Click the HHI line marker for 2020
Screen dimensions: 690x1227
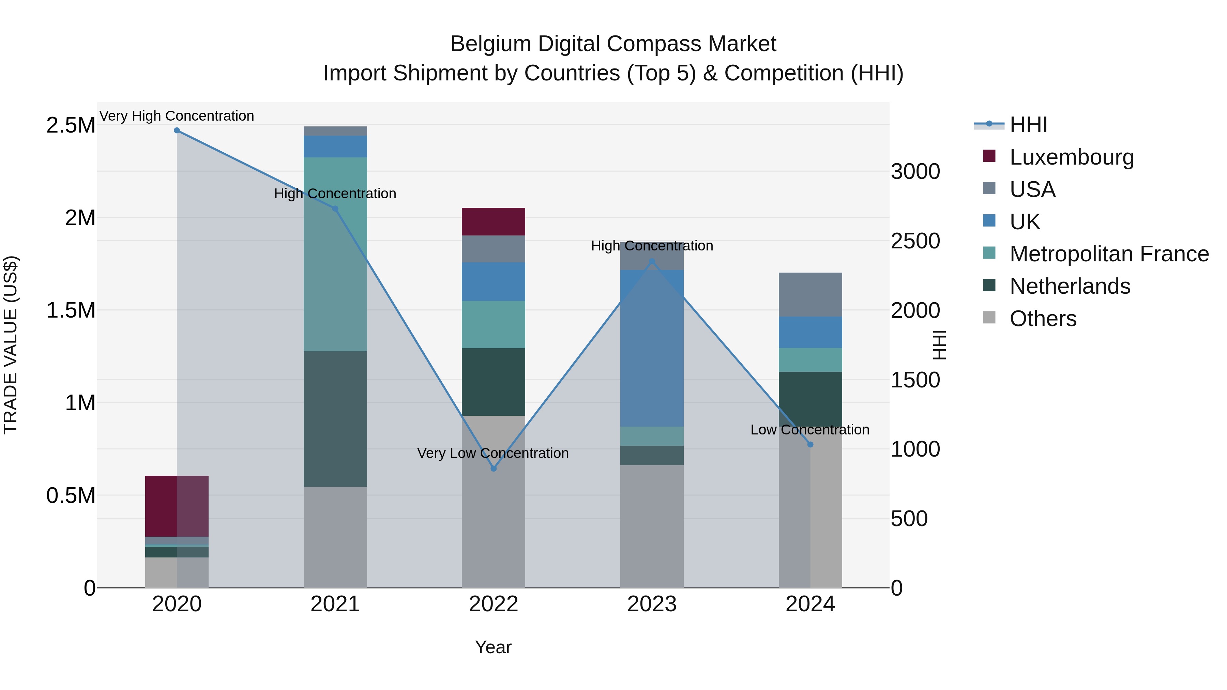click(x=177, y=131)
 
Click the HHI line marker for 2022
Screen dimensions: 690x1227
click(x=494, y=469)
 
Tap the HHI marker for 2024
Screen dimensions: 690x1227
click(x=810, y=444)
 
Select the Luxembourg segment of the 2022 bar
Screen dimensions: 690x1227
click(x=494, y=221)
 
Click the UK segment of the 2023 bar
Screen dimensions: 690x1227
click(x=652, y=348)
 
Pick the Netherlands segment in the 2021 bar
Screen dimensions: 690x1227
click(x=335, y=419)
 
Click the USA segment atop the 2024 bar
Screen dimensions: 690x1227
click(x=810, y=294)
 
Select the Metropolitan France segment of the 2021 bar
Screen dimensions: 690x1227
click(x=335, y=254)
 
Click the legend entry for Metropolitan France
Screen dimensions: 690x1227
click(x=1109, y=254)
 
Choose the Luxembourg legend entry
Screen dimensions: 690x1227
click(x=1071, y=157)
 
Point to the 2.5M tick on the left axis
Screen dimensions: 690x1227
click(x=71, y=126)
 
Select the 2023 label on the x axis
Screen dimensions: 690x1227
click(x=652, y=604)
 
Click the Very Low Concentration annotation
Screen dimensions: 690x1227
click(x=493, y=453)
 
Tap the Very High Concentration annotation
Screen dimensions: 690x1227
click(x=177, y=116)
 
